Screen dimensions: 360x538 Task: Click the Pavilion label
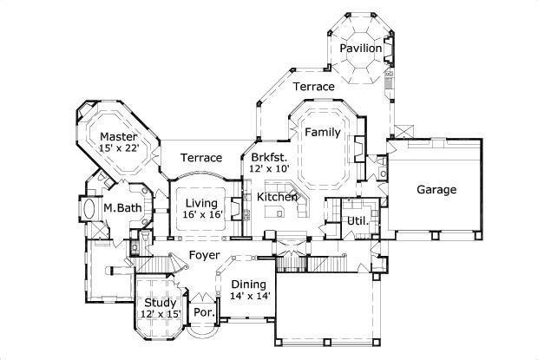click(360, 49)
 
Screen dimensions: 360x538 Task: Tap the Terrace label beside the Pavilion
click(313, 87)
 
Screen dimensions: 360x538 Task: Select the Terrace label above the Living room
click(200, 158)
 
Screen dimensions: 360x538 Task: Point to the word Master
click(118, 137)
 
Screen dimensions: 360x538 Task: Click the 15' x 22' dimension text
click(118, 149)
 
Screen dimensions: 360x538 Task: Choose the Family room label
click(321, 133)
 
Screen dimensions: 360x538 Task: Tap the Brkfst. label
click(269, 157)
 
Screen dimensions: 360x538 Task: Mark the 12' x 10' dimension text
click(269, 169)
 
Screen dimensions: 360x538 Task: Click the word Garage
click(436, 190)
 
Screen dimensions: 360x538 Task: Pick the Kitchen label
click(277, 198)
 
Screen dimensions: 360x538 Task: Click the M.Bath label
click(122, 208)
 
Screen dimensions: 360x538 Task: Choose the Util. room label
click(358, 221)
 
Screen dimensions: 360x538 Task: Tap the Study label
click(161, 303)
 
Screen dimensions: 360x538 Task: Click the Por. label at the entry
click(204, 311)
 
